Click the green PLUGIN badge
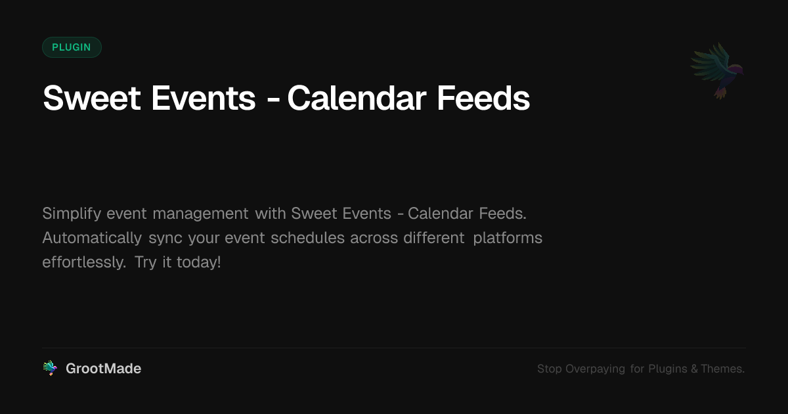coord(72,47)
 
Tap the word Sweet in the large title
coord(91,98)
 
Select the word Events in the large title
coord(204,98)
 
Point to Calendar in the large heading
coord(357,98)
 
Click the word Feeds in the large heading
coord(483,98)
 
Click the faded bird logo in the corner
coord(717,71)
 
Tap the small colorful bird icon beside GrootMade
coord(50,368)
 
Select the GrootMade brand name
coord(104,369)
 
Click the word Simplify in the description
coord(72,214)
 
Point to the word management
coord(200,214)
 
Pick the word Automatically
coord(92,239)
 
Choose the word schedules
coord(307,238)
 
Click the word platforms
coord(508,239)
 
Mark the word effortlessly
coord(84,263)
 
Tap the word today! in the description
coord(199,263)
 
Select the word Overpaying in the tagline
coord(595,369)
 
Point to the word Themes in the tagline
coord(722,369)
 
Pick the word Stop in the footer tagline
coord(549,369)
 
